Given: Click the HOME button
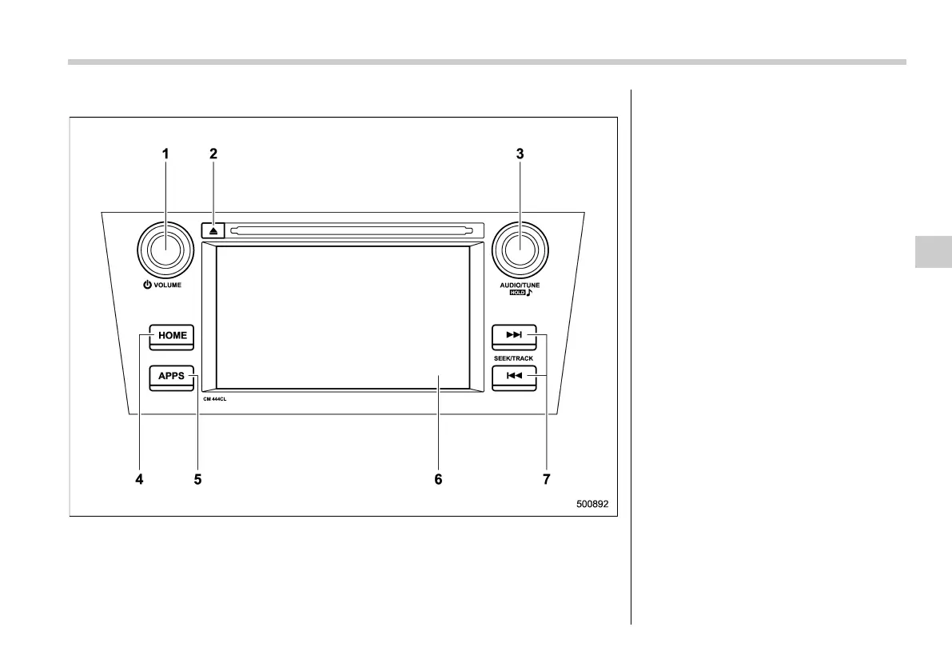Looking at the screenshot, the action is coord(172,335).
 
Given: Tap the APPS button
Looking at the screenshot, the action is coord(171,375).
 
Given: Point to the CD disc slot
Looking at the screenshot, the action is coord(348,231).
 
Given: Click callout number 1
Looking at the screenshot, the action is coord(165,154).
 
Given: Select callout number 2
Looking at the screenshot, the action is coord(213,154).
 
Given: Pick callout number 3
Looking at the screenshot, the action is coord(520,154).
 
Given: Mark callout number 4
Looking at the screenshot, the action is coord(139,480).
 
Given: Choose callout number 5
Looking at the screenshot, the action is coord(197,480).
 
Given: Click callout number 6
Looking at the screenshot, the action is coord(438,480).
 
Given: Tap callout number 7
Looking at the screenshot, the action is coord(547,480).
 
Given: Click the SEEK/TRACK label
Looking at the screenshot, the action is coord(513,358).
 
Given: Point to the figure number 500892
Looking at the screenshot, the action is coord(594,505).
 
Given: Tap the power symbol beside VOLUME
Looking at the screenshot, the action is coord(148,285).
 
